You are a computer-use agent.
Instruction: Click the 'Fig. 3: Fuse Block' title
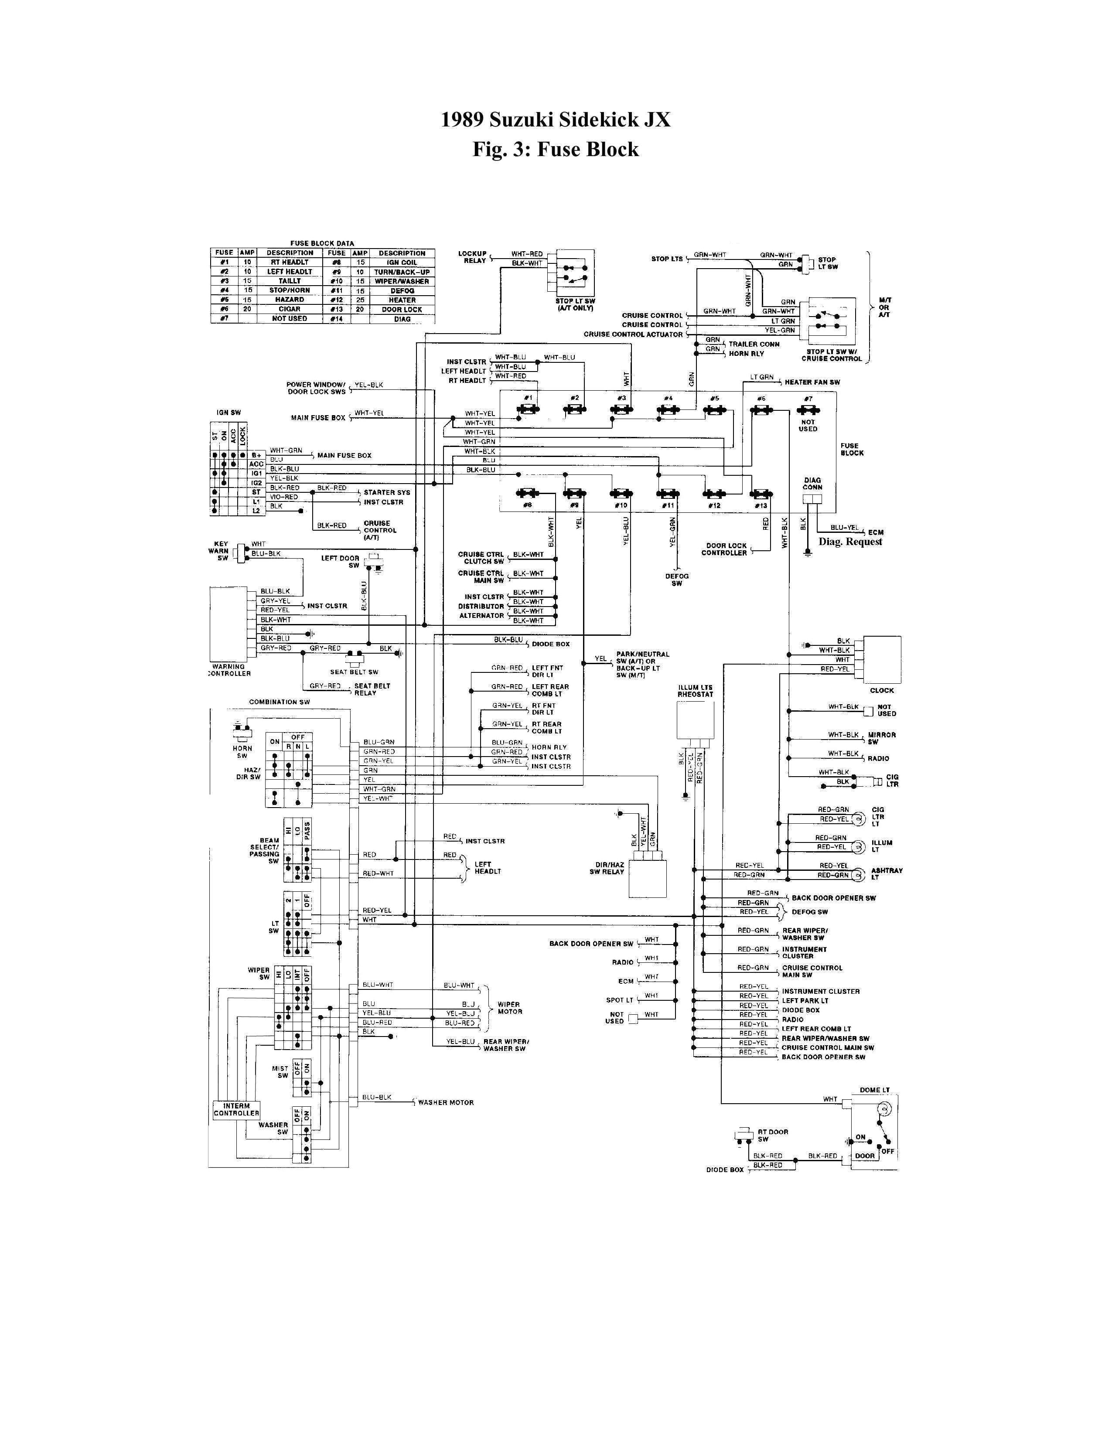pos(555,150)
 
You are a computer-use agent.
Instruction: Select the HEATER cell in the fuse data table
pos(402,300)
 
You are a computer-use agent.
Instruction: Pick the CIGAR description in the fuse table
pos(289,309)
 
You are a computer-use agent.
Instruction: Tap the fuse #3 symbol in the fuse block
pos(621,410)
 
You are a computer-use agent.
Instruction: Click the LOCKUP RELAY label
pos(472,257)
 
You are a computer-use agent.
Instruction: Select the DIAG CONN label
pos(812,484)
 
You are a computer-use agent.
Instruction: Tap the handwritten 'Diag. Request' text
pos(850,542)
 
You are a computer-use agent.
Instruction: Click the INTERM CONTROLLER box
pos(236,1110)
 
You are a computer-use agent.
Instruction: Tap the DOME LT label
pos(874,1090)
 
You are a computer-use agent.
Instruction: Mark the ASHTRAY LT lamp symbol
pos(858,874)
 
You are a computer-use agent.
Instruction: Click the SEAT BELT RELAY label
pos(372,689)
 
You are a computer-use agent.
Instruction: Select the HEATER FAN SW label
pos(812,382)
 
